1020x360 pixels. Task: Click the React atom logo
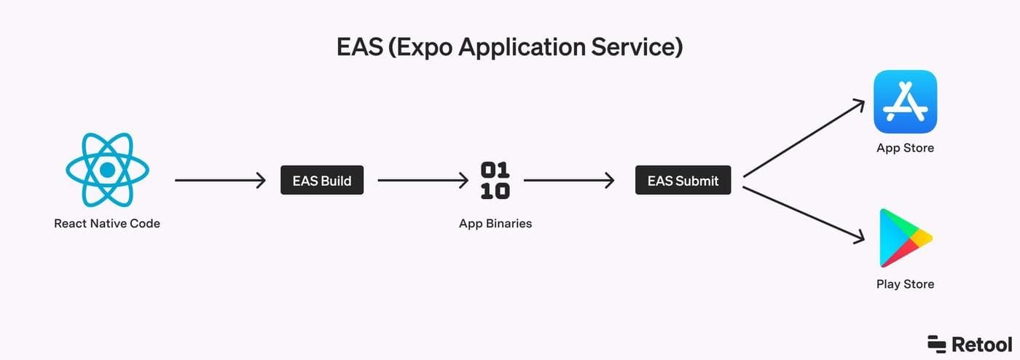tap(107, 170)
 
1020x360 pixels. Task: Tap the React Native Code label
tap(107, 224)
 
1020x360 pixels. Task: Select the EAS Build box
tap(321, 181)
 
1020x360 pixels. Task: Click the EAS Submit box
tap(683, 181)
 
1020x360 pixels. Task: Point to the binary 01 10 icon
tap(495, 181)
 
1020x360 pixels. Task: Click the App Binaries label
tap(495, 224)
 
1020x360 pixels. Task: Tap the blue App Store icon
tap(905, 102)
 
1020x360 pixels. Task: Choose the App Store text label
tap(905, 148)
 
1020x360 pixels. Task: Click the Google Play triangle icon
tap(903, 238)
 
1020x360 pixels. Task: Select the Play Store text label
tap(905, 284)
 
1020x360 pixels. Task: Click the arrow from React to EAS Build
tap(220, 181)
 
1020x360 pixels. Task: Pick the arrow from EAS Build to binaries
tap(423, 181)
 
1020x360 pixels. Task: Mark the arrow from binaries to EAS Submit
tap(569, 181)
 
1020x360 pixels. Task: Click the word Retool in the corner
tap(981, 344)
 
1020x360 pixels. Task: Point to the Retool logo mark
tap(936, 344)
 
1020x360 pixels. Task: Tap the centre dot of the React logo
tap(107, 170)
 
